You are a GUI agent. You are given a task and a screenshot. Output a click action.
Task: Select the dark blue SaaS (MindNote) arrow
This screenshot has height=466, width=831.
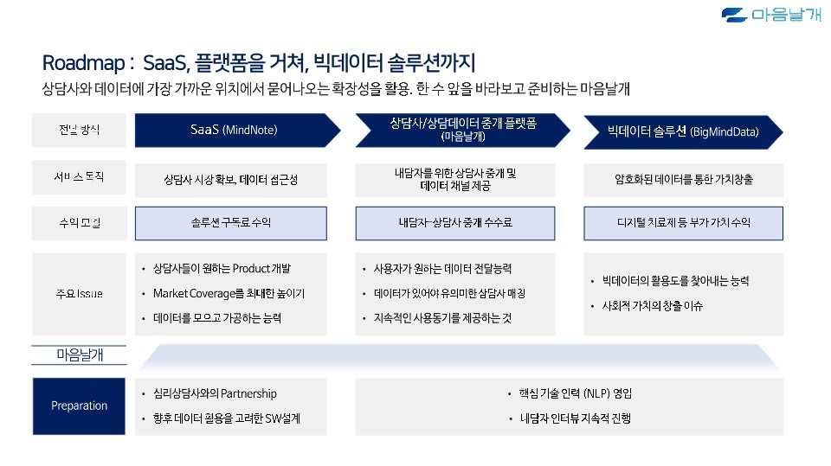click(234, 131)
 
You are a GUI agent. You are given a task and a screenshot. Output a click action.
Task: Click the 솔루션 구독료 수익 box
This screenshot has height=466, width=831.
click(231, 223)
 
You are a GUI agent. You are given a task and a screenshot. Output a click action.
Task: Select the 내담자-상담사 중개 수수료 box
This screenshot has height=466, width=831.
click(455, 223)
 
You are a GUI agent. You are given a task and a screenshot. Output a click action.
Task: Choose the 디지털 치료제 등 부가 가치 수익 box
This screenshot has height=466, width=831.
click(684, 223)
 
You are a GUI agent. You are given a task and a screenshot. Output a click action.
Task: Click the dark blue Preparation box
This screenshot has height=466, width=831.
click(80, 405)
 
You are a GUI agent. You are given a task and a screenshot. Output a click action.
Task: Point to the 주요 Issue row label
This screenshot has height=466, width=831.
click(80, 294)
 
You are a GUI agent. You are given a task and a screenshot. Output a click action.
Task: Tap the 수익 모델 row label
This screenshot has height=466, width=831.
click(80, 223)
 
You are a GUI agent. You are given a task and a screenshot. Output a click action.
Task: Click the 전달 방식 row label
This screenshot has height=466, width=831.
click(80, 131)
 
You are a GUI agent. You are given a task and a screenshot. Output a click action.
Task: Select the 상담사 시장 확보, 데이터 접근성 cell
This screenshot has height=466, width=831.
click(231, 180)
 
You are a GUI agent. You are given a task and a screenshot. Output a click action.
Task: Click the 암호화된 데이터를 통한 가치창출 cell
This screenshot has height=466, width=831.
click(684, 180)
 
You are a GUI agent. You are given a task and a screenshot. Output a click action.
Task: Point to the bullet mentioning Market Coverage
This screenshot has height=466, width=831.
click(229, 294)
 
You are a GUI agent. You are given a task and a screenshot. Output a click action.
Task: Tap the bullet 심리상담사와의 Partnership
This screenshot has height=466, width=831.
click(214, 394)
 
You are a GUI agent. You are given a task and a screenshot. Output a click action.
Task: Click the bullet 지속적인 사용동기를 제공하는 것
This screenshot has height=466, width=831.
click(442, 318)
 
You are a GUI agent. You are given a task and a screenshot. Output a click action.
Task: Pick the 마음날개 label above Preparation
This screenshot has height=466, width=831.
click(80, 354)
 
